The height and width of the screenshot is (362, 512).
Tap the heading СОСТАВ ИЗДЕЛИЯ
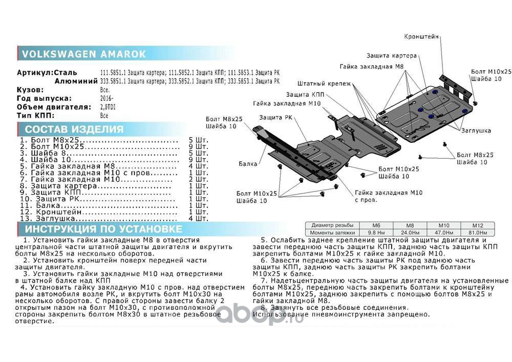pos(74,129)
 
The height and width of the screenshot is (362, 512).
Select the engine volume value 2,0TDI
pos(110,108)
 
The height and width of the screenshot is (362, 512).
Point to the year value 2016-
pos(107,98)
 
